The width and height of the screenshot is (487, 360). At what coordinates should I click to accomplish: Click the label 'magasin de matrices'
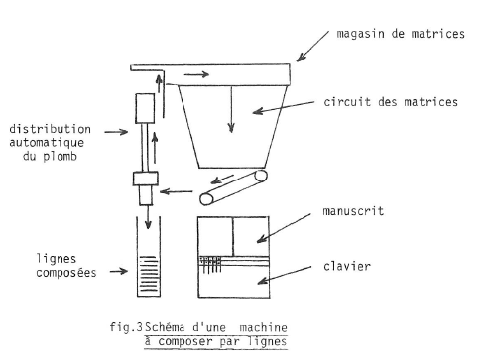coord(401,34)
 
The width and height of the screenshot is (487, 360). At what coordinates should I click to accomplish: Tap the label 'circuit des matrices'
coord(391,102)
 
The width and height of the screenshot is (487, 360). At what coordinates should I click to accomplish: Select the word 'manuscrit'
coord(353,211)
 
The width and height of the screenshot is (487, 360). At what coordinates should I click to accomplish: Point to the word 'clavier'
coord(347,266)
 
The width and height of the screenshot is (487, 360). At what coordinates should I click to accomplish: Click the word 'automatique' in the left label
coord(47,143)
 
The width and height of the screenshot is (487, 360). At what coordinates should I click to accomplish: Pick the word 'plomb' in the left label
coord(60,157)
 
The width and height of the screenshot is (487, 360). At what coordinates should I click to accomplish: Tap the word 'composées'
coord(66,273)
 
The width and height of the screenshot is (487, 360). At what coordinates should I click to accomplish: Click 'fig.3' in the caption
coord(126,327)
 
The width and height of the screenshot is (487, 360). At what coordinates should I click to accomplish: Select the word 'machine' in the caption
coord(263,328)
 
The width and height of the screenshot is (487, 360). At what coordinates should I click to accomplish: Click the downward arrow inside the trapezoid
coord(231,109)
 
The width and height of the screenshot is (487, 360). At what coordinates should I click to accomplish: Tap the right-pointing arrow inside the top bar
coord(196,74)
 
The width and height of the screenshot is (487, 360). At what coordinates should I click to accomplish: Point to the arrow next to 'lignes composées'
coord(119,272)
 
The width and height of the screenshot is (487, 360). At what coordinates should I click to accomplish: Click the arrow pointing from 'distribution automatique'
coord(116,132)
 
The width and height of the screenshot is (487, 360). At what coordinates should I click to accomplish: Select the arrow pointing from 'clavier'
coord(285,275)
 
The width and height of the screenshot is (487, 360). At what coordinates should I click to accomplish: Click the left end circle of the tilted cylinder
coord(207,199)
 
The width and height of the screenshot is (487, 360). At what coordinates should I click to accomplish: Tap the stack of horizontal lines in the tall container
coord(149,274)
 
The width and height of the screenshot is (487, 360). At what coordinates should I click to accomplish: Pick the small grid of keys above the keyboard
coord(210,264)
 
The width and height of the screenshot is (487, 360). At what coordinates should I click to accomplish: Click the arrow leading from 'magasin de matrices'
coord(312,47)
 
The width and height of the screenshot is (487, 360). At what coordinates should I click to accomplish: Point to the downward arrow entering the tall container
coord(148,217)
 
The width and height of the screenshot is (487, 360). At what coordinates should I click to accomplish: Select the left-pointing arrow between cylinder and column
coord(177,191)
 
